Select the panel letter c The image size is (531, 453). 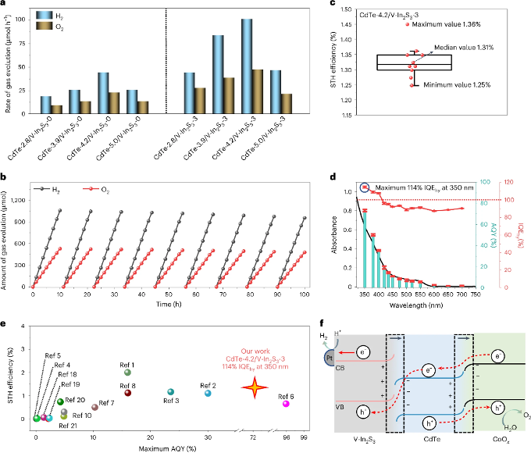(x=333, y=4)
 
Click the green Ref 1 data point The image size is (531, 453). (x=127, y=372)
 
